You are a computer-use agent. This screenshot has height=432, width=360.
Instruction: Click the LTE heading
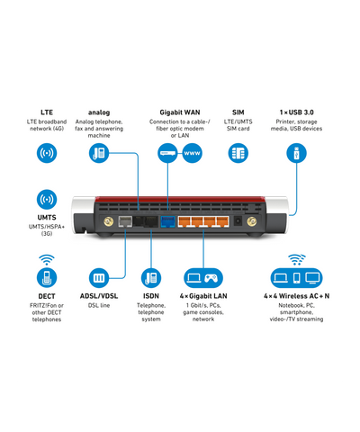pos(47,112)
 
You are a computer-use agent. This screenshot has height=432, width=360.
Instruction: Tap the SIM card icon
pos(238,153)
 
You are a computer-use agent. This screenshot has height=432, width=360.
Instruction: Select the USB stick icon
pos(297,153)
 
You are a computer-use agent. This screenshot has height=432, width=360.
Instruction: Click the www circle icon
pos(192,153)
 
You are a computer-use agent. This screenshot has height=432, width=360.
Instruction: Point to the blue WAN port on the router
pos(168,221)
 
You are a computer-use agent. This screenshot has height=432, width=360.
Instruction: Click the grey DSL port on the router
pos(125,221)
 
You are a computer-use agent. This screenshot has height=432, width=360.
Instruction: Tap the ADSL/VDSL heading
pos(99,296)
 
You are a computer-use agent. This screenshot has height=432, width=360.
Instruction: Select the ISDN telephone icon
pos(151,278)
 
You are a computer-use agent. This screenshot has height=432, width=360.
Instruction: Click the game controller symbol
pos(211,278)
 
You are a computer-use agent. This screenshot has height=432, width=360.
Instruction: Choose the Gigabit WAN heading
pos(180,112)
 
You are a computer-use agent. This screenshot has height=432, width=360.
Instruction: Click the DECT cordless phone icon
pos(47,278)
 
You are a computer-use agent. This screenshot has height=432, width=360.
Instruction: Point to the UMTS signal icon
pos(47,199)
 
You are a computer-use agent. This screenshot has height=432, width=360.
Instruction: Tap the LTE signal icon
pos(47,153)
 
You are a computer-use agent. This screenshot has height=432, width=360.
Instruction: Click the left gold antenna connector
pos(109,221)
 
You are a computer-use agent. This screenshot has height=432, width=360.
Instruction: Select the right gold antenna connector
pos(252,221)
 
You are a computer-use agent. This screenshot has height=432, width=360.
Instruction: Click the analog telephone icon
pos(99,153)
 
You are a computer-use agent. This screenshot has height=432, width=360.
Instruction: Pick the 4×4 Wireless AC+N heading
pos(297,296)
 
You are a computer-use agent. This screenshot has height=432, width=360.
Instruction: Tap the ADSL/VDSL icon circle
pos(99,278)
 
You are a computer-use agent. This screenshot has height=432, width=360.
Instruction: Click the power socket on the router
pos(238,221)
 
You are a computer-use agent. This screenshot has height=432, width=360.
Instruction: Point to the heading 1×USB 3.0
pos(297,112)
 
